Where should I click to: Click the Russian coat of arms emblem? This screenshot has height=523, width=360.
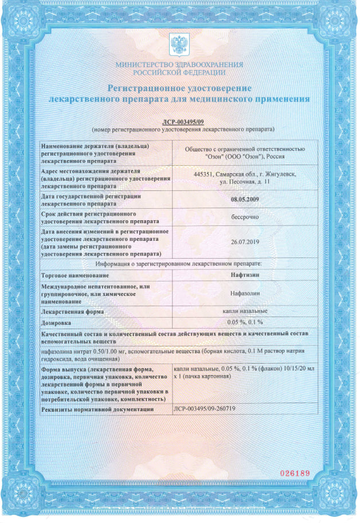(x=179, y=45)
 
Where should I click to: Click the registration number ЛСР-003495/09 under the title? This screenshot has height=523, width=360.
(x=179, y=122)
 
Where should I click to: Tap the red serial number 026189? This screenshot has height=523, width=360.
(x=294, y=473)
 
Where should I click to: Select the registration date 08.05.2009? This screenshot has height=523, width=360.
(x=245, y=200)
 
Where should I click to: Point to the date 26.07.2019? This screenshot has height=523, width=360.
(x=245, y=241)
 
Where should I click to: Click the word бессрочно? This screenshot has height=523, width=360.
(x=245, y=218)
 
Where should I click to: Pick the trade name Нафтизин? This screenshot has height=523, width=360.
(x=245, y=275)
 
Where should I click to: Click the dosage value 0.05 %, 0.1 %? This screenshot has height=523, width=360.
(x=245, y=322)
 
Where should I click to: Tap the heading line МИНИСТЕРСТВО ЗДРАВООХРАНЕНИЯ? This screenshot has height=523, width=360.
(x=179, y=65)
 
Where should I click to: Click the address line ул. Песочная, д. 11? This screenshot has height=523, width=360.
(x=245, y=181)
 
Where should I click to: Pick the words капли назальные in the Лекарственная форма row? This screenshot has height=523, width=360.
(x=245, y=311)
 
